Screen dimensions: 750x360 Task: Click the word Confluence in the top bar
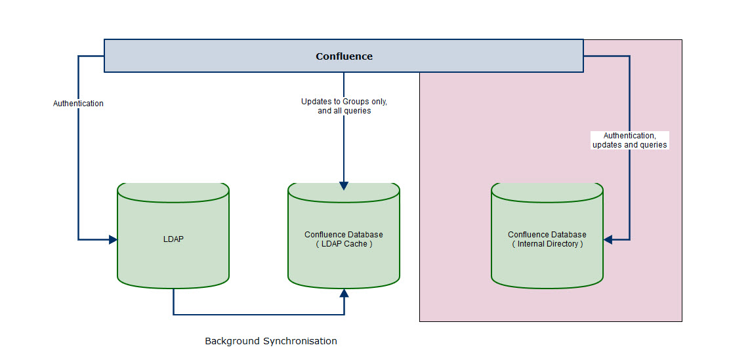click(x=344, y=56)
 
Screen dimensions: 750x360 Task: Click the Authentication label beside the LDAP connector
click(x=78, y=103)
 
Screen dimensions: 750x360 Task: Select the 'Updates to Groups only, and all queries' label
click(x=344, y=106)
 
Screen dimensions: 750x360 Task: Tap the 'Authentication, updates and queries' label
click(x=629, y=140)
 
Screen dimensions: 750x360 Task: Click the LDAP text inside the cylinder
click(x=173, y=239)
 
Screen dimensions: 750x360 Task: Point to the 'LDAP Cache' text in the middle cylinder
click(x=344, y=244)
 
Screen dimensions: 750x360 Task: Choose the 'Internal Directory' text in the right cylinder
click(x=547, y=244)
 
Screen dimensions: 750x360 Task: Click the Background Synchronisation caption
click(x=271, y=342)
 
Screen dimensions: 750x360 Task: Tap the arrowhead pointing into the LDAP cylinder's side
click(x=114, y=239)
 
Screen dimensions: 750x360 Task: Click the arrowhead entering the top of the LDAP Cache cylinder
click(x=344, y=186)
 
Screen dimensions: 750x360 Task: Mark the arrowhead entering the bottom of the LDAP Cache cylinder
click(x=344, y=292)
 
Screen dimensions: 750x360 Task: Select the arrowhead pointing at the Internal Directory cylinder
click(x=608, y=239)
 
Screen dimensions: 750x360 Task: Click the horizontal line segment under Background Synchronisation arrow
click(x=259, y=315)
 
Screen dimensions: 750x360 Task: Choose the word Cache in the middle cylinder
click(x=357, y=244)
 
